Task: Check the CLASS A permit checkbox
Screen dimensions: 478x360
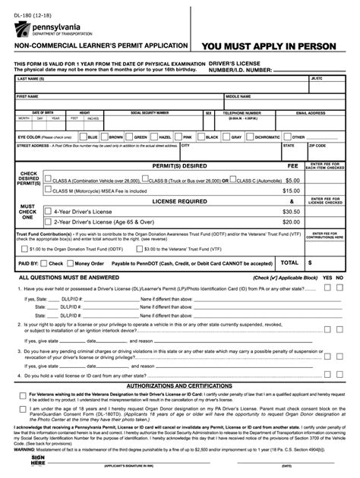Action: tap(49, 181)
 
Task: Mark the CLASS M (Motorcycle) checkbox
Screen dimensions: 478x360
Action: tap(49, 191)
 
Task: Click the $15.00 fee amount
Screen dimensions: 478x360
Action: tap(291, 191)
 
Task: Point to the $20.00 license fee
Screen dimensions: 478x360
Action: tap(291, 222)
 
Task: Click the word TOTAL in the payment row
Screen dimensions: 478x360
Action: tap(289, 263)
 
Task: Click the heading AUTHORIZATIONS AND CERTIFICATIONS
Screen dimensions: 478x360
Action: tap(179, 385)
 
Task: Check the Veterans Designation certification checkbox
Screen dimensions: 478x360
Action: tap(23, 395)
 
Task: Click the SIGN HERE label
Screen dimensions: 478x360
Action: tap(37, 461)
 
